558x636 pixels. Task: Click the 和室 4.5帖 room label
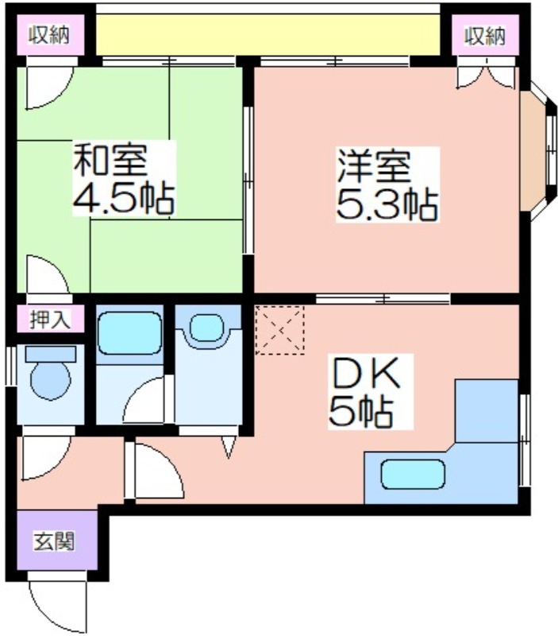tap(124, 178)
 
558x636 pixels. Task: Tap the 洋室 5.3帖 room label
tap(387, 184)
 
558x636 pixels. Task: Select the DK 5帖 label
tap(365, 392)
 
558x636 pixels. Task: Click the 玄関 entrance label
tap(54, 541)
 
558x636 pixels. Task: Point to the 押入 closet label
tap(50, 320)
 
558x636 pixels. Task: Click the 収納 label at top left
tap(49, 34)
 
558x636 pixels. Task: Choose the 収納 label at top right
tap(485, 36)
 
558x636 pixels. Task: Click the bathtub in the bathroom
tap(129, 333)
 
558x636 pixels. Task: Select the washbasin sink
tap(206, 328)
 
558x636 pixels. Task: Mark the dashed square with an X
tap(280, 331)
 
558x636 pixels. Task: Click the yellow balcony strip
tap(267, 34)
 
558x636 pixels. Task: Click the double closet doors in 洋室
tap(487, 73)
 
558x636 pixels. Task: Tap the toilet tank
tap(51, 354)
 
